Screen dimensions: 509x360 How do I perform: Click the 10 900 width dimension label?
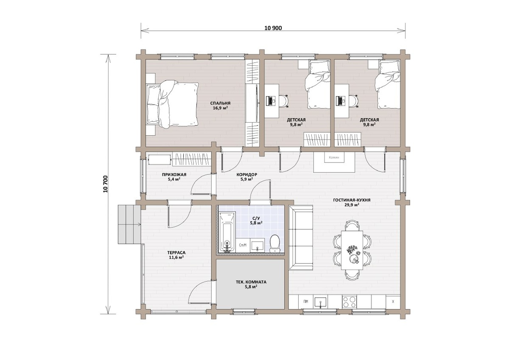pos(273,28)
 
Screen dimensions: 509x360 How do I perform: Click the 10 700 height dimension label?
pos(105,184)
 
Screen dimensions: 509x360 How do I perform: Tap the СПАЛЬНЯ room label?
pos(220,103)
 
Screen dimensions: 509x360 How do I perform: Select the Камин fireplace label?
pos(334,157)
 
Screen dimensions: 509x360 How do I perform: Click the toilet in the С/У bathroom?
pos(275,243)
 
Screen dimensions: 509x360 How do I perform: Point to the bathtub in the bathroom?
pos(227,232)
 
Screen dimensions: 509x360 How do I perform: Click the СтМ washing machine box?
pos(243,245)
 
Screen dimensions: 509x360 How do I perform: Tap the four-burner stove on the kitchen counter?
pos(349,302)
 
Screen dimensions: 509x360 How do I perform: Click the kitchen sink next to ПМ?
pos(320,302)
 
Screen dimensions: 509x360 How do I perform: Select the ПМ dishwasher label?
pos(306,301)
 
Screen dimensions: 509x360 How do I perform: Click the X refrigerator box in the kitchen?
pos(393,302)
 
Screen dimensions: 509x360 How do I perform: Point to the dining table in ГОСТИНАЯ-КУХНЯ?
pos(352,250)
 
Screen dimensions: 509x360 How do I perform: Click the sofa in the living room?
pos(301,237)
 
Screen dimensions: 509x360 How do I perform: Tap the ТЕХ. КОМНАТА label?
pos(251,282)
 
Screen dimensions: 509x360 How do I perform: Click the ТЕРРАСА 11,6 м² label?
pos(176,255)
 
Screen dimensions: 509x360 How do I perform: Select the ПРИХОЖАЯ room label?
pos(174,174)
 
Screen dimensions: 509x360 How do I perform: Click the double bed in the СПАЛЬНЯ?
pos(172,104)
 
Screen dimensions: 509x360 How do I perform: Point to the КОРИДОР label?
pos(247,174)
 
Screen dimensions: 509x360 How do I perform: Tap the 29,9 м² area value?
pos(352,205)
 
